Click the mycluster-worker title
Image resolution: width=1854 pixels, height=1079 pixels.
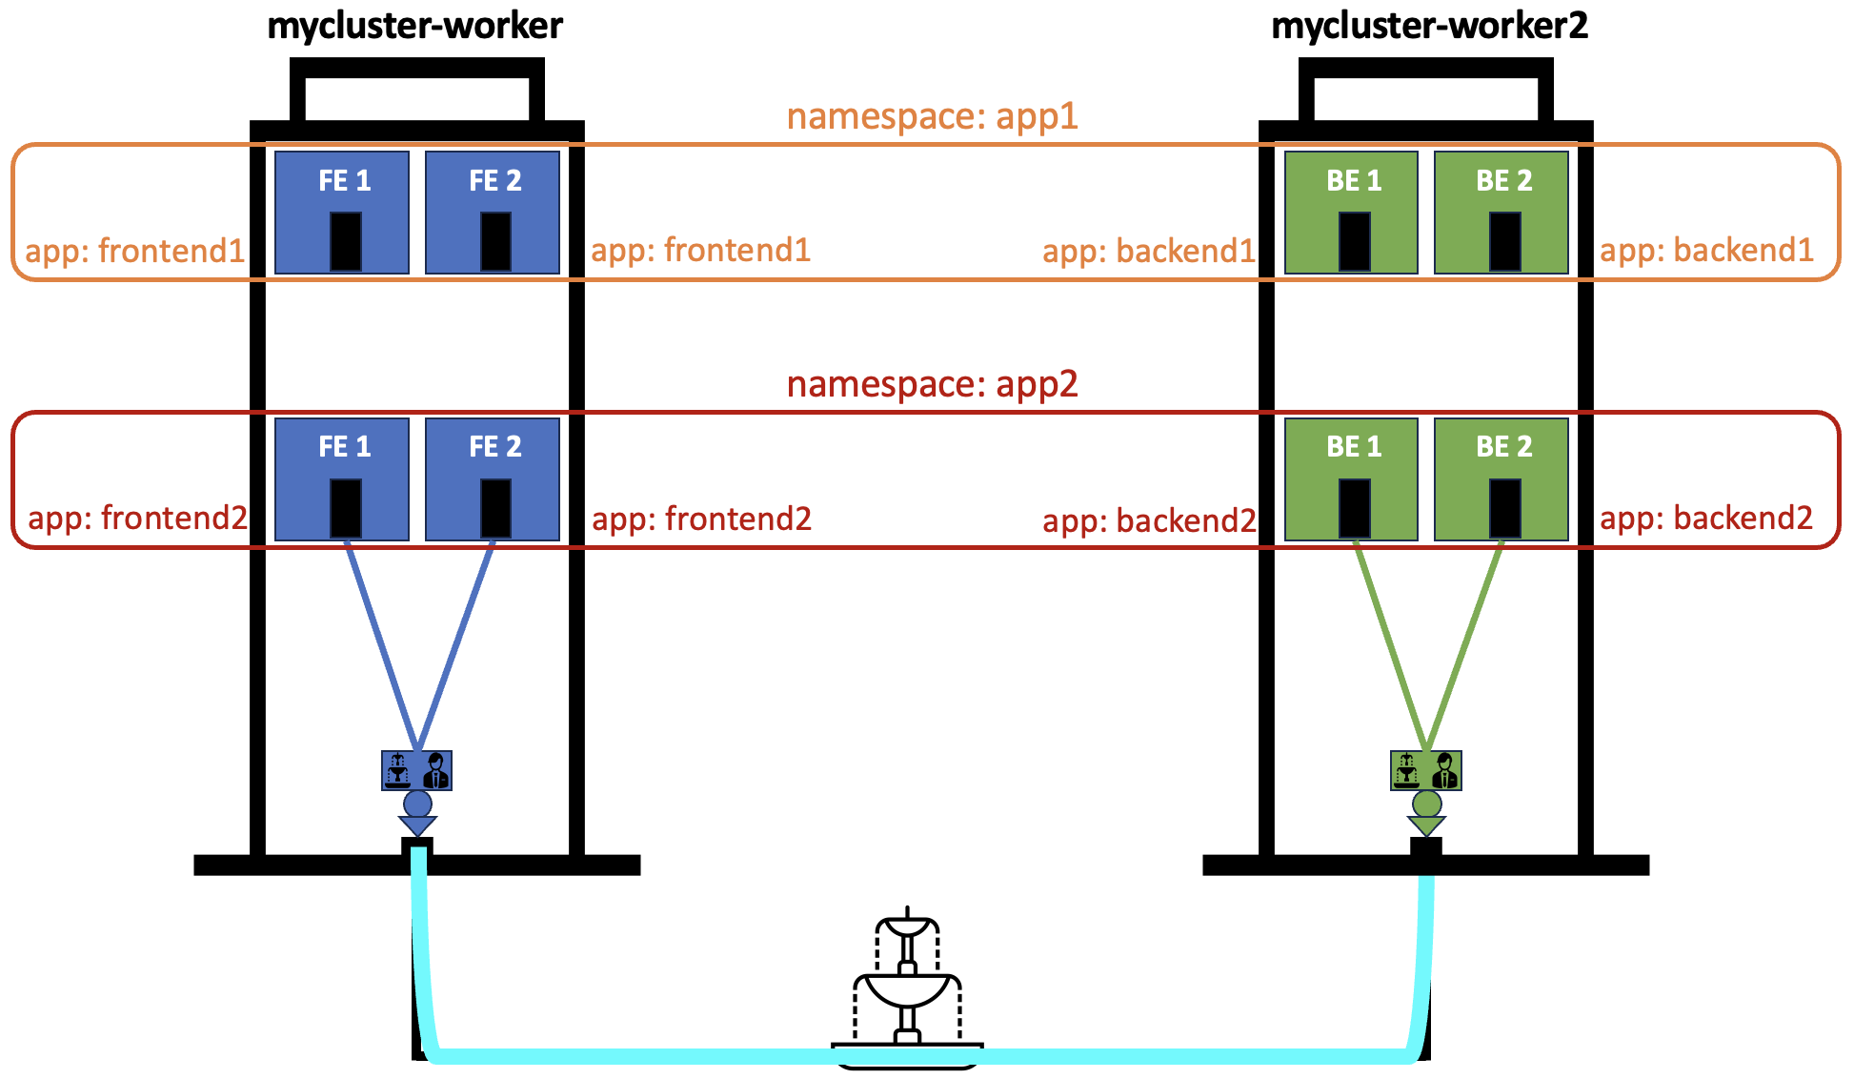coord(414,26)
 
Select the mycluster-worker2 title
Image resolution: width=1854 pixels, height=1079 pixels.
coord(1429,26)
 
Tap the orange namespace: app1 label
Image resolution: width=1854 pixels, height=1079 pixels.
coord(932,116)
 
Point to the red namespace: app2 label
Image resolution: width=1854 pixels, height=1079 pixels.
coord(932,384)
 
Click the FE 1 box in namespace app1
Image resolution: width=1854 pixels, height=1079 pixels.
coord(342,213)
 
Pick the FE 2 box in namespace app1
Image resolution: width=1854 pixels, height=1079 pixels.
coord(493,213)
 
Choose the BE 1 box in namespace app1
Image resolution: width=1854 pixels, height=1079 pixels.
coord(1351,213)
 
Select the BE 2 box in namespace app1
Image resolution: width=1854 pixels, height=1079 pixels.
coord(1501,213)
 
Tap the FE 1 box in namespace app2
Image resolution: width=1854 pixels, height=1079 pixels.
coord(342,479)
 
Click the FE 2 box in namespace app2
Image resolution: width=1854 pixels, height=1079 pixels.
coord(493,479)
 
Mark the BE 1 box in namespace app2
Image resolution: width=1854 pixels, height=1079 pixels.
coord(1351,479)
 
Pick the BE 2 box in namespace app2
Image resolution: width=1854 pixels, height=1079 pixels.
coord(1501,479)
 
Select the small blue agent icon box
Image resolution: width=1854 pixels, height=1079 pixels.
coord(417,770)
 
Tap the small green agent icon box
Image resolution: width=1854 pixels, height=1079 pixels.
coord(1426,770)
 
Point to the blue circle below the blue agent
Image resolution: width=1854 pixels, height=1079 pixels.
coord(417,804)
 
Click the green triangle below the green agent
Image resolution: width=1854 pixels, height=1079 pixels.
coord(1426,825)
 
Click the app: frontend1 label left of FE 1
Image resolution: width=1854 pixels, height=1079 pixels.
coord(134,251)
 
